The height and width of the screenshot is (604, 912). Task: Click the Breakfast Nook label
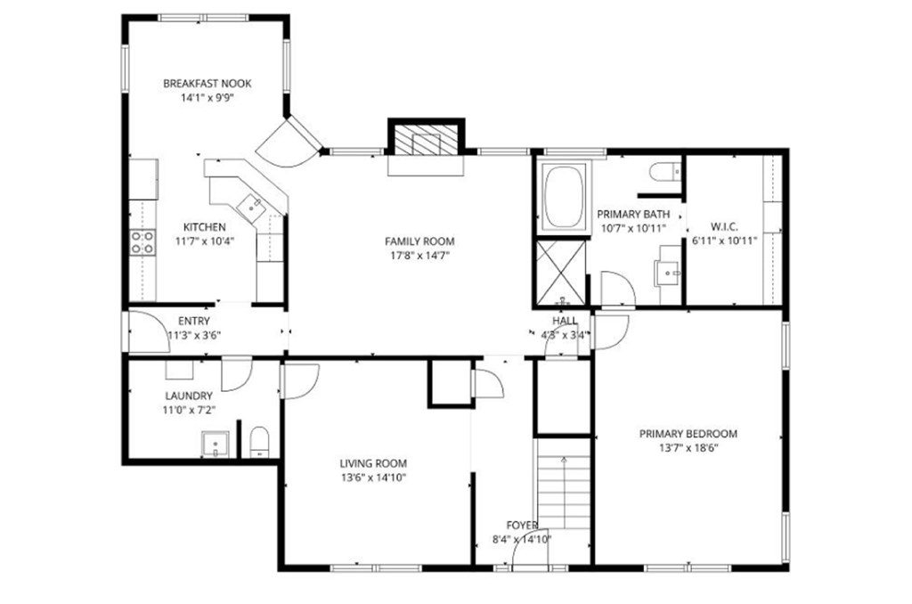click(207, 83)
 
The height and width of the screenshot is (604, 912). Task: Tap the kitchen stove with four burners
click(142, 242)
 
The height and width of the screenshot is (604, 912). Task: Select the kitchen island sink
click(252, 206)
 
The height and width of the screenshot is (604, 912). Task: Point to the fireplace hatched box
click(427, 140)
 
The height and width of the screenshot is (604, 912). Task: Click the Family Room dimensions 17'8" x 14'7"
click(419, 255)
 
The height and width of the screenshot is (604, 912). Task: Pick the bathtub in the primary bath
click(563, 196)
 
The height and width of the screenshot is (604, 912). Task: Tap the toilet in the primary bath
click(664, 171)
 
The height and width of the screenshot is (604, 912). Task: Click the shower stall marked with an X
click(561, 273)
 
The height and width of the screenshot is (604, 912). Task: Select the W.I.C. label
click(724, 226)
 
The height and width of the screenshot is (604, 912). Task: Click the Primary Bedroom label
click(688, 434)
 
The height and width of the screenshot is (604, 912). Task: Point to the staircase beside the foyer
click(564, 484)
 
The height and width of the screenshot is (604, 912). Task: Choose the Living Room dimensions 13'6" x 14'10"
click(373, 477)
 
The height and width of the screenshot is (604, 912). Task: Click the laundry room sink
click(216, 445)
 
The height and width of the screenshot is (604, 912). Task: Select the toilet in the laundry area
click(259, 442)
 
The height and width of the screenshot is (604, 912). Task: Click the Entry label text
click(193, 321)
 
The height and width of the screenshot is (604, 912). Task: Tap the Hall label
click(565, 321)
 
